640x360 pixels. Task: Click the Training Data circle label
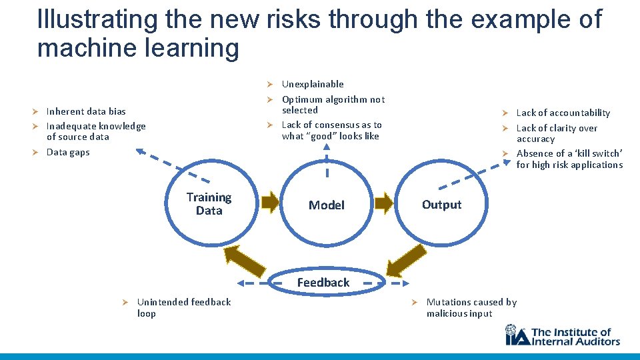[209, 204]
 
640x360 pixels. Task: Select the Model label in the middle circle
[327, 205]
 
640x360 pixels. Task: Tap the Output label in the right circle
[441, 205]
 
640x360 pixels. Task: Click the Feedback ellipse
[323, 283]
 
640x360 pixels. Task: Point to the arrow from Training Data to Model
[269, 203]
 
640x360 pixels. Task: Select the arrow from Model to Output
[384, 203]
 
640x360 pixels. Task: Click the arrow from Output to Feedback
[403, 259]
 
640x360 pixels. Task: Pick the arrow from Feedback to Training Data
[243, 261]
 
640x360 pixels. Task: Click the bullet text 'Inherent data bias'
[86, 111]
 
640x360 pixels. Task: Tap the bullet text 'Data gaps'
[68, 152]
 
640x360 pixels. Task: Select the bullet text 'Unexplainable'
[313, 84]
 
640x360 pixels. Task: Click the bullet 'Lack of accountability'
[563, 113]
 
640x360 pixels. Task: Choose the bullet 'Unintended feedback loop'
[183, 307]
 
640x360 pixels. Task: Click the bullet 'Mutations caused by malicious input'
[471, 307]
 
